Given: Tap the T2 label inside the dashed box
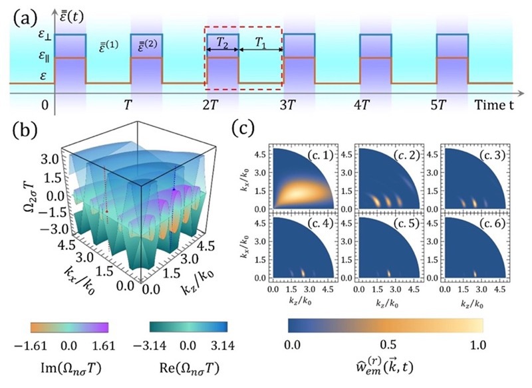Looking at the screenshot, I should (223, 42).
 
